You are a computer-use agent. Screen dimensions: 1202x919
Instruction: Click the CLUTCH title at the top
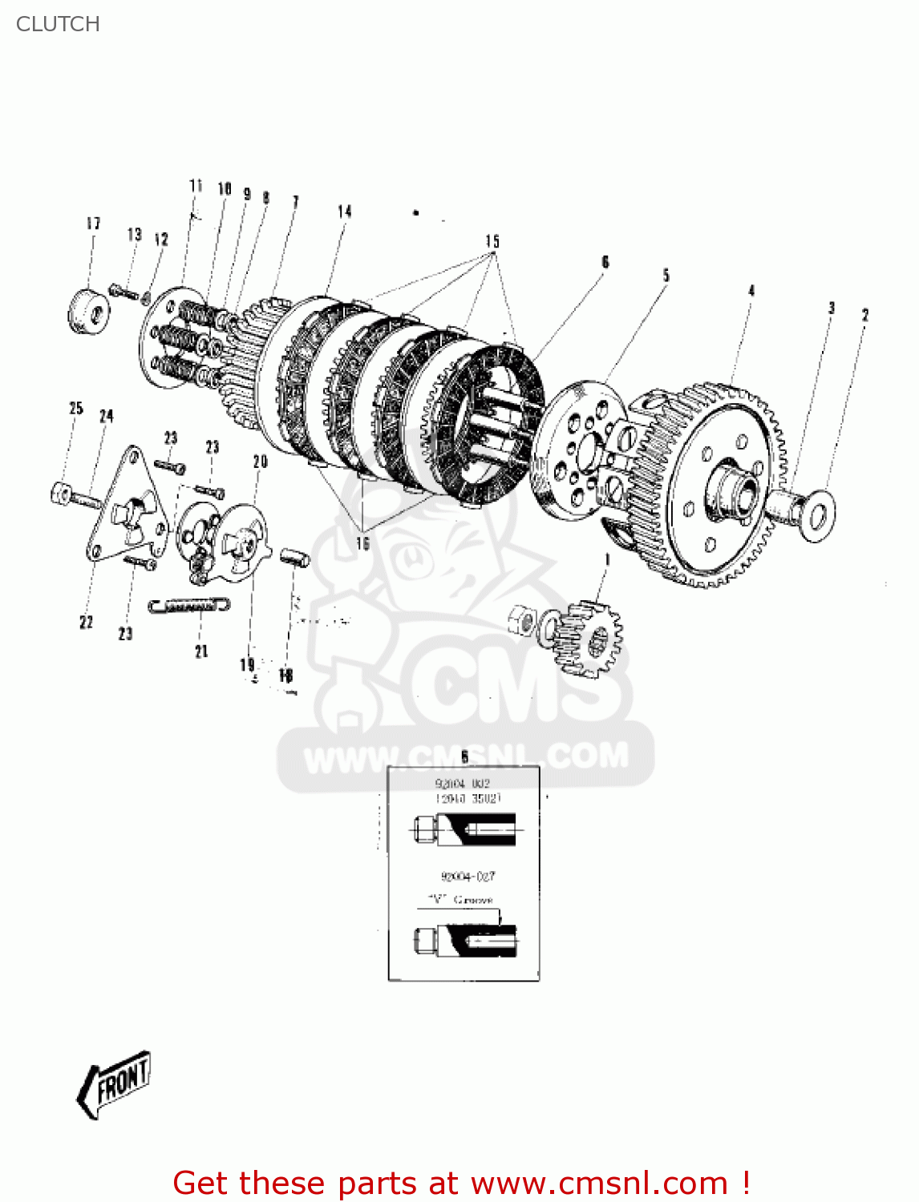[58, 24]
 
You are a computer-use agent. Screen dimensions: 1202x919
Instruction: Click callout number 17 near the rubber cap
[94, 224]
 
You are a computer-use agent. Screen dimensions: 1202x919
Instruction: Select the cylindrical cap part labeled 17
[87, 311]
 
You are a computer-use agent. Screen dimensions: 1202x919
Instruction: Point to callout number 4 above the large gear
[751, 290]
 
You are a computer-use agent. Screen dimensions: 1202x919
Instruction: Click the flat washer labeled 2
[816, 511]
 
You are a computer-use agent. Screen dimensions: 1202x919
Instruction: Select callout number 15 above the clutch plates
[492, 241]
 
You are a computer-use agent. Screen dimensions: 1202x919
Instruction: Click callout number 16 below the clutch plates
[362, 543]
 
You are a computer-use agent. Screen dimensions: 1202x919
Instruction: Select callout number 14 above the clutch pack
[344, 212]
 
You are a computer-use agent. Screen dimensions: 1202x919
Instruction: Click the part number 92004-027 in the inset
[468, 877]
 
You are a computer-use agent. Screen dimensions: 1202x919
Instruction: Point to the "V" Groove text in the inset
[460, 900]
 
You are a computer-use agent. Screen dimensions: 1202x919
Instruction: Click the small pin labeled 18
[294, 556]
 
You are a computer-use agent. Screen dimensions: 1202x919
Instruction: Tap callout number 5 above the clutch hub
[666, 276]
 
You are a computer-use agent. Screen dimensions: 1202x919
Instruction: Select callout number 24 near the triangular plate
[106, 416]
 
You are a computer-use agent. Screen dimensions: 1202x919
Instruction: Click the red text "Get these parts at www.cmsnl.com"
[461, 1183]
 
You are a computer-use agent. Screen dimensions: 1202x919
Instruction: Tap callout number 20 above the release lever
[260, 462]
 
